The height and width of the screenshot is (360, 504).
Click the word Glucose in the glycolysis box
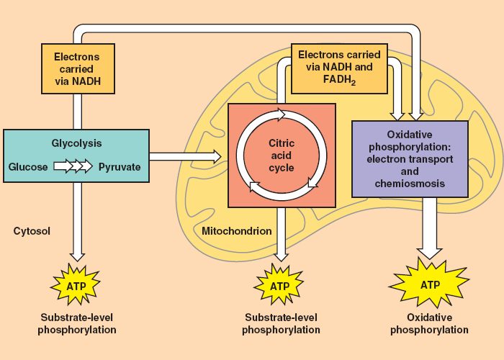pyautogui.click(x=28, y=167)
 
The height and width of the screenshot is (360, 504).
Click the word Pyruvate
pyautogui.click(x=120, y=167)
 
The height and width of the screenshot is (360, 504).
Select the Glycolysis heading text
pyautogui.click(x=76, y=143)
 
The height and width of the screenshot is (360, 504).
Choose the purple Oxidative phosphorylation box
pyautogui.click(x=409, y=159)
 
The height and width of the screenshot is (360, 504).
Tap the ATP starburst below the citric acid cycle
pyautogui.click(x=281, y=286)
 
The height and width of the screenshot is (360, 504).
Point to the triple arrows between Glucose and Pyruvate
pyautogui.click(x=73, y=167)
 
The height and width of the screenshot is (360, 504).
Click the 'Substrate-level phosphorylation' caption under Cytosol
pyautogui.click(x=76, y=323)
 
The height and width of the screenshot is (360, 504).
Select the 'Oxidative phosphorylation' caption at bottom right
pyautogui.click(x=429, y=323)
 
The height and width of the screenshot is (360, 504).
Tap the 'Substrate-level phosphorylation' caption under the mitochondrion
pyautogui.click(x=281, y=323)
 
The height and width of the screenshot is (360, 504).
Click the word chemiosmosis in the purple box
pyautogui.click(x=409, y=184)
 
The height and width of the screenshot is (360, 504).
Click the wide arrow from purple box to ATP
pyautogui.click(x=429, y=228)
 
